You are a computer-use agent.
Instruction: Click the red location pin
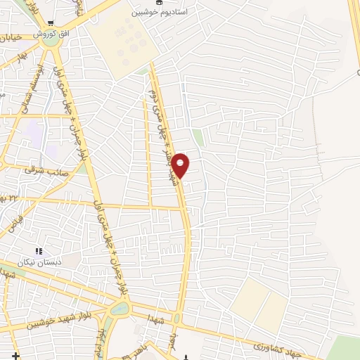(x=181, y=166)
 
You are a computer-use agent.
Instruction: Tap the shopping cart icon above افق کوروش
(x=50, y=24)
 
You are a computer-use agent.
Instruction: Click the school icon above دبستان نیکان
(x=39, y=250)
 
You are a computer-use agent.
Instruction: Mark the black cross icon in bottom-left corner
(x=15, y=356)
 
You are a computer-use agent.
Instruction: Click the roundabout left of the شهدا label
(x=120, y=309)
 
